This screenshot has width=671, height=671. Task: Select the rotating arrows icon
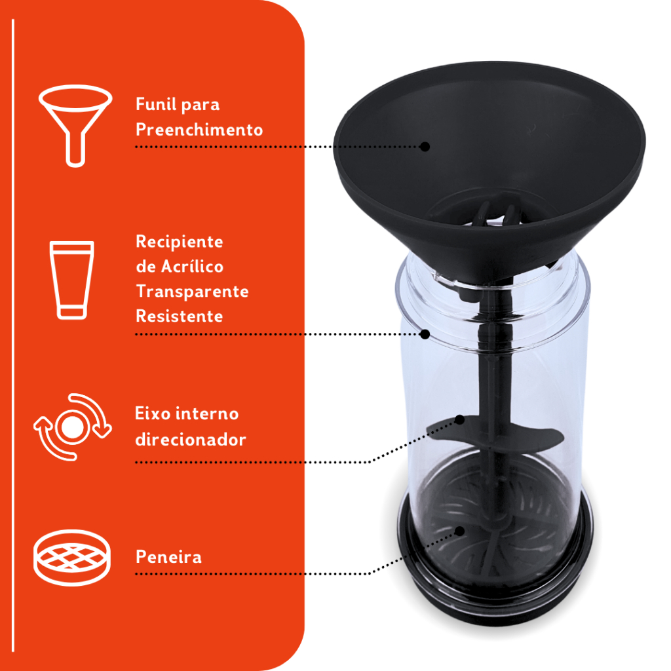(72, 427)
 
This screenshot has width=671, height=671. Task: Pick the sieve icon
(72, 557)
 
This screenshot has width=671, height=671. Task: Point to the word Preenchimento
(199, 129)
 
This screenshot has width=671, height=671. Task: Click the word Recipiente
(180, 242)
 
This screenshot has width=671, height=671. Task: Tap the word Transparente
(192, 291)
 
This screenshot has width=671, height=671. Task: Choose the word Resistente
(180, 316)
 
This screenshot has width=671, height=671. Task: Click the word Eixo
(152, 413)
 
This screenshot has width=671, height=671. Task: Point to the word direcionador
(191, 440)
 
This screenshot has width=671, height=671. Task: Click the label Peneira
(168, 557)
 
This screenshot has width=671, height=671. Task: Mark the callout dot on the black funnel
(425, 147)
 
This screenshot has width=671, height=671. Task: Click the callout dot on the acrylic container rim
(425, 334)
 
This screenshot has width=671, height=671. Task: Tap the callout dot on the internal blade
(459, 420)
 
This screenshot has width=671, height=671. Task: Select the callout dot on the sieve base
(459, 531)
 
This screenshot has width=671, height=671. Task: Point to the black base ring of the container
(497, 599)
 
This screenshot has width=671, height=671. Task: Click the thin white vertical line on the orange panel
(13, 335)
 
